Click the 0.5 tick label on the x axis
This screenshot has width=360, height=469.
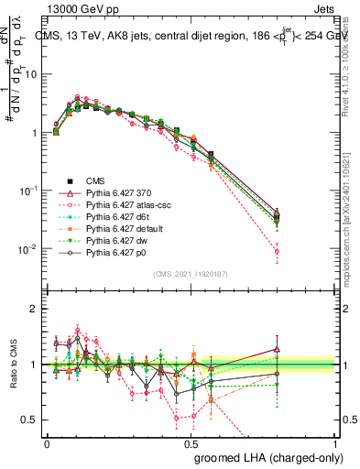click(191, 442)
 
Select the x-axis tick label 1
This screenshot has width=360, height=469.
click(334, 442)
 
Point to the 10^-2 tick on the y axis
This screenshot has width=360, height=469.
click(30, 249)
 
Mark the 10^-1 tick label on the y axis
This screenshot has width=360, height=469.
click(30, 191)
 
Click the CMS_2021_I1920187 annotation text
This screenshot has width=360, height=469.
click(191, 274)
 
